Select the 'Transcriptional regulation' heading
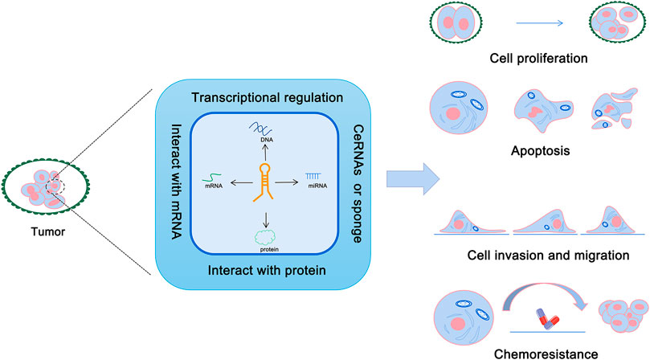point(257,97)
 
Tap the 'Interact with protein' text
point(257,268)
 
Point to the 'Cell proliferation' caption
point(538,59)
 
